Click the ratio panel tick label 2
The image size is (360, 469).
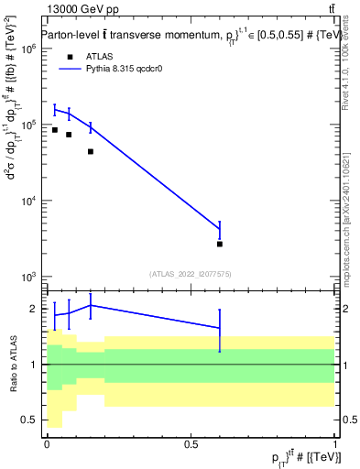point(35,309)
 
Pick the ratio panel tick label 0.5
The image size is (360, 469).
point(30,420)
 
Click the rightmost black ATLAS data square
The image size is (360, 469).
point(220,244)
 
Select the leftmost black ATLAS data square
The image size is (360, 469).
point(55,130)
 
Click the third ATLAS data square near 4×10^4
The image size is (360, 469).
point(91,151)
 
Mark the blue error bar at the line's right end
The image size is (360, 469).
point(220,228)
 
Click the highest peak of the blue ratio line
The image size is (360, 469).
point(91,305)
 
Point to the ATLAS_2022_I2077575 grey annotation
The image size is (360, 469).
point(191,273)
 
